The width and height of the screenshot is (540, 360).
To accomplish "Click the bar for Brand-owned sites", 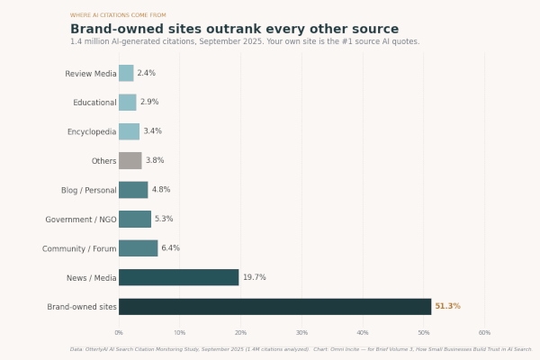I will pos(274,307).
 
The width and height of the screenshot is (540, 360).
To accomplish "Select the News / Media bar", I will pos(178,277).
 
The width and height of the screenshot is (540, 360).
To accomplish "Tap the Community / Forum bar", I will pos(138,248).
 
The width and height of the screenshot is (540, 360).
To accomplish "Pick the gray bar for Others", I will pos(130,161).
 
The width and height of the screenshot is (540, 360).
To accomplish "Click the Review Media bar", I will pos(126,73).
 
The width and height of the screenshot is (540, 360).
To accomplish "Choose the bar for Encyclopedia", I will pos(129,131).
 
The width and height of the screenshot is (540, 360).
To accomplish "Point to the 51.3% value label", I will pos(447,307).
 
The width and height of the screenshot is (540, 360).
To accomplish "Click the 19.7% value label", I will pos(254,277).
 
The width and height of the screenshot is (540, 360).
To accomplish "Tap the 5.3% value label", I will pos(164,219).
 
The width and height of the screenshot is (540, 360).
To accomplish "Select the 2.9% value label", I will pos(148,103).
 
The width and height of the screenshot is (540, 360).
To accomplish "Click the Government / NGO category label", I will pos(79,220).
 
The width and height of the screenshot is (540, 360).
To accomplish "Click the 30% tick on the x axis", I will pos(301,333).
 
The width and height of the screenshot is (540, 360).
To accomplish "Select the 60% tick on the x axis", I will pos(484,333).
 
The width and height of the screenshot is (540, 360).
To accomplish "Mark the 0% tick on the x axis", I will pos(119,333).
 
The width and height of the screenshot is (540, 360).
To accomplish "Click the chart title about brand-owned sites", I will pos(234,29).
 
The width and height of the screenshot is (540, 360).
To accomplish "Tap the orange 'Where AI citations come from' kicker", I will pos(118,15).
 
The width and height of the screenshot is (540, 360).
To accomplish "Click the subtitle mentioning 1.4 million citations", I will pos(245,41).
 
